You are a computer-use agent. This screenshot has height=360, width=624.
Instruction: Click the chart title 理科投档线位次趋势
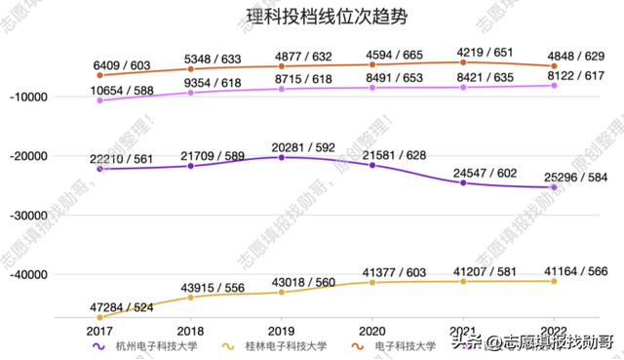313,17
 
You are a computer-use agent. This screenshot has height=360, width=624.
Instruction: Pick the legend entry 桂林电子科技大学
278,345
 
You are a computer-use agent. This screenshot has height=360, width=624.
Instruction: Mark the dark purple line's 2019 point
282,157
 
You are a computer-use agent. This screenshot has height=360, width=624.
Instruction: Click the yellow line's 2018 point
191,297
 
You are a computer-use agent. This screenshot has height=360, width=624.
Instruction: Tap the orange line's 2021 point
463,62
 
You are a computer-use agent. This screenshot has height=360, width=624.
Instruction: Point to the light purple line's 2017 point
100,100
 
